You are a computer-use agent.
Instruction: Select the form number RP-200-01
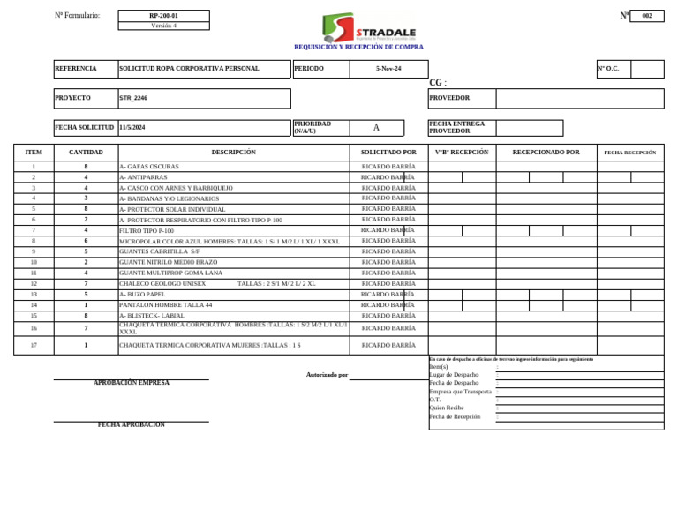pyautogui.click(x=163, y=16)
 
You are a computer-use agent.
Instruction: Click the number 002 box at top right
pyautogui.click(x=647, y=16)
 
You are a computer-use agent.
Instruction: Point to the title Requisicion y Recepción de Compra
pyautogui.click(x=358, y=47)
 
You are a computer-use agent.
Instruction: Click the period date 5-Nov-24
pyautogui.click(x=388, y=69)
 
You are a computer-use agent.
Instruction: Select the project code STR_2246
pyautogui.click(x=133, y=99)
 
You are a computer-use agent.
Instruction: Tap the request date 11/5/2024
pyautogui.click(x=132, y=128)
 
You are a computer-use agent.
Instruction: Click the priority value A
pyautogui.click(x=376, y=128)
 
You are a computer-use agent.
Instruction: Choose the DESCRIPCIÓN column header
pyautogui.click(x=233, y=153)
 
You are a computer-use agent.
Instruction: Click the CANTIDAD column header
pyautogui.click(x=86, y=153)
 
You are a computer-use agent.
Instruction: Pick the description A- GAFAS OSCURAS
pyautogui.click(x=149, y=167)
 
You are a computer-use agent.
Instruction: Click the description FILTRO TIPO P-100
pyautogui.click(x=147, y=230)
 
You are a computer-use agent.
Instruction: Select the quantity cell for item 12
pyautogui.click(x=86, y=284)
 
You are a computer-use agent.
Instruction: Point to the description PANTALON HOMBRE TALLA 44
pyautogui.click(x=166, y=305)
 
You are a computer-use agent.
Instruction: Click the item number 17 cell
pyautogui.click(x=34, y=345)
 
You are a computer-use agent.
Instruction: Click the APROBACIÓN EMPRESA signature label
pyautogui.click(x=132, y=383)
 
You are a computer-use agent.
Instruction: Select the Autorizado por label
pyautogui.click(x=327, y=375)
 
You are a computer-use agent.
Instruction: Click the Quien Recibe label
pyautogui.click(x=447, y=408)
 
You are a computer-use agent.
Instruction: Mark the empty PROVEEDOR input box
pyautogui.click(x=579, y=99)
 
